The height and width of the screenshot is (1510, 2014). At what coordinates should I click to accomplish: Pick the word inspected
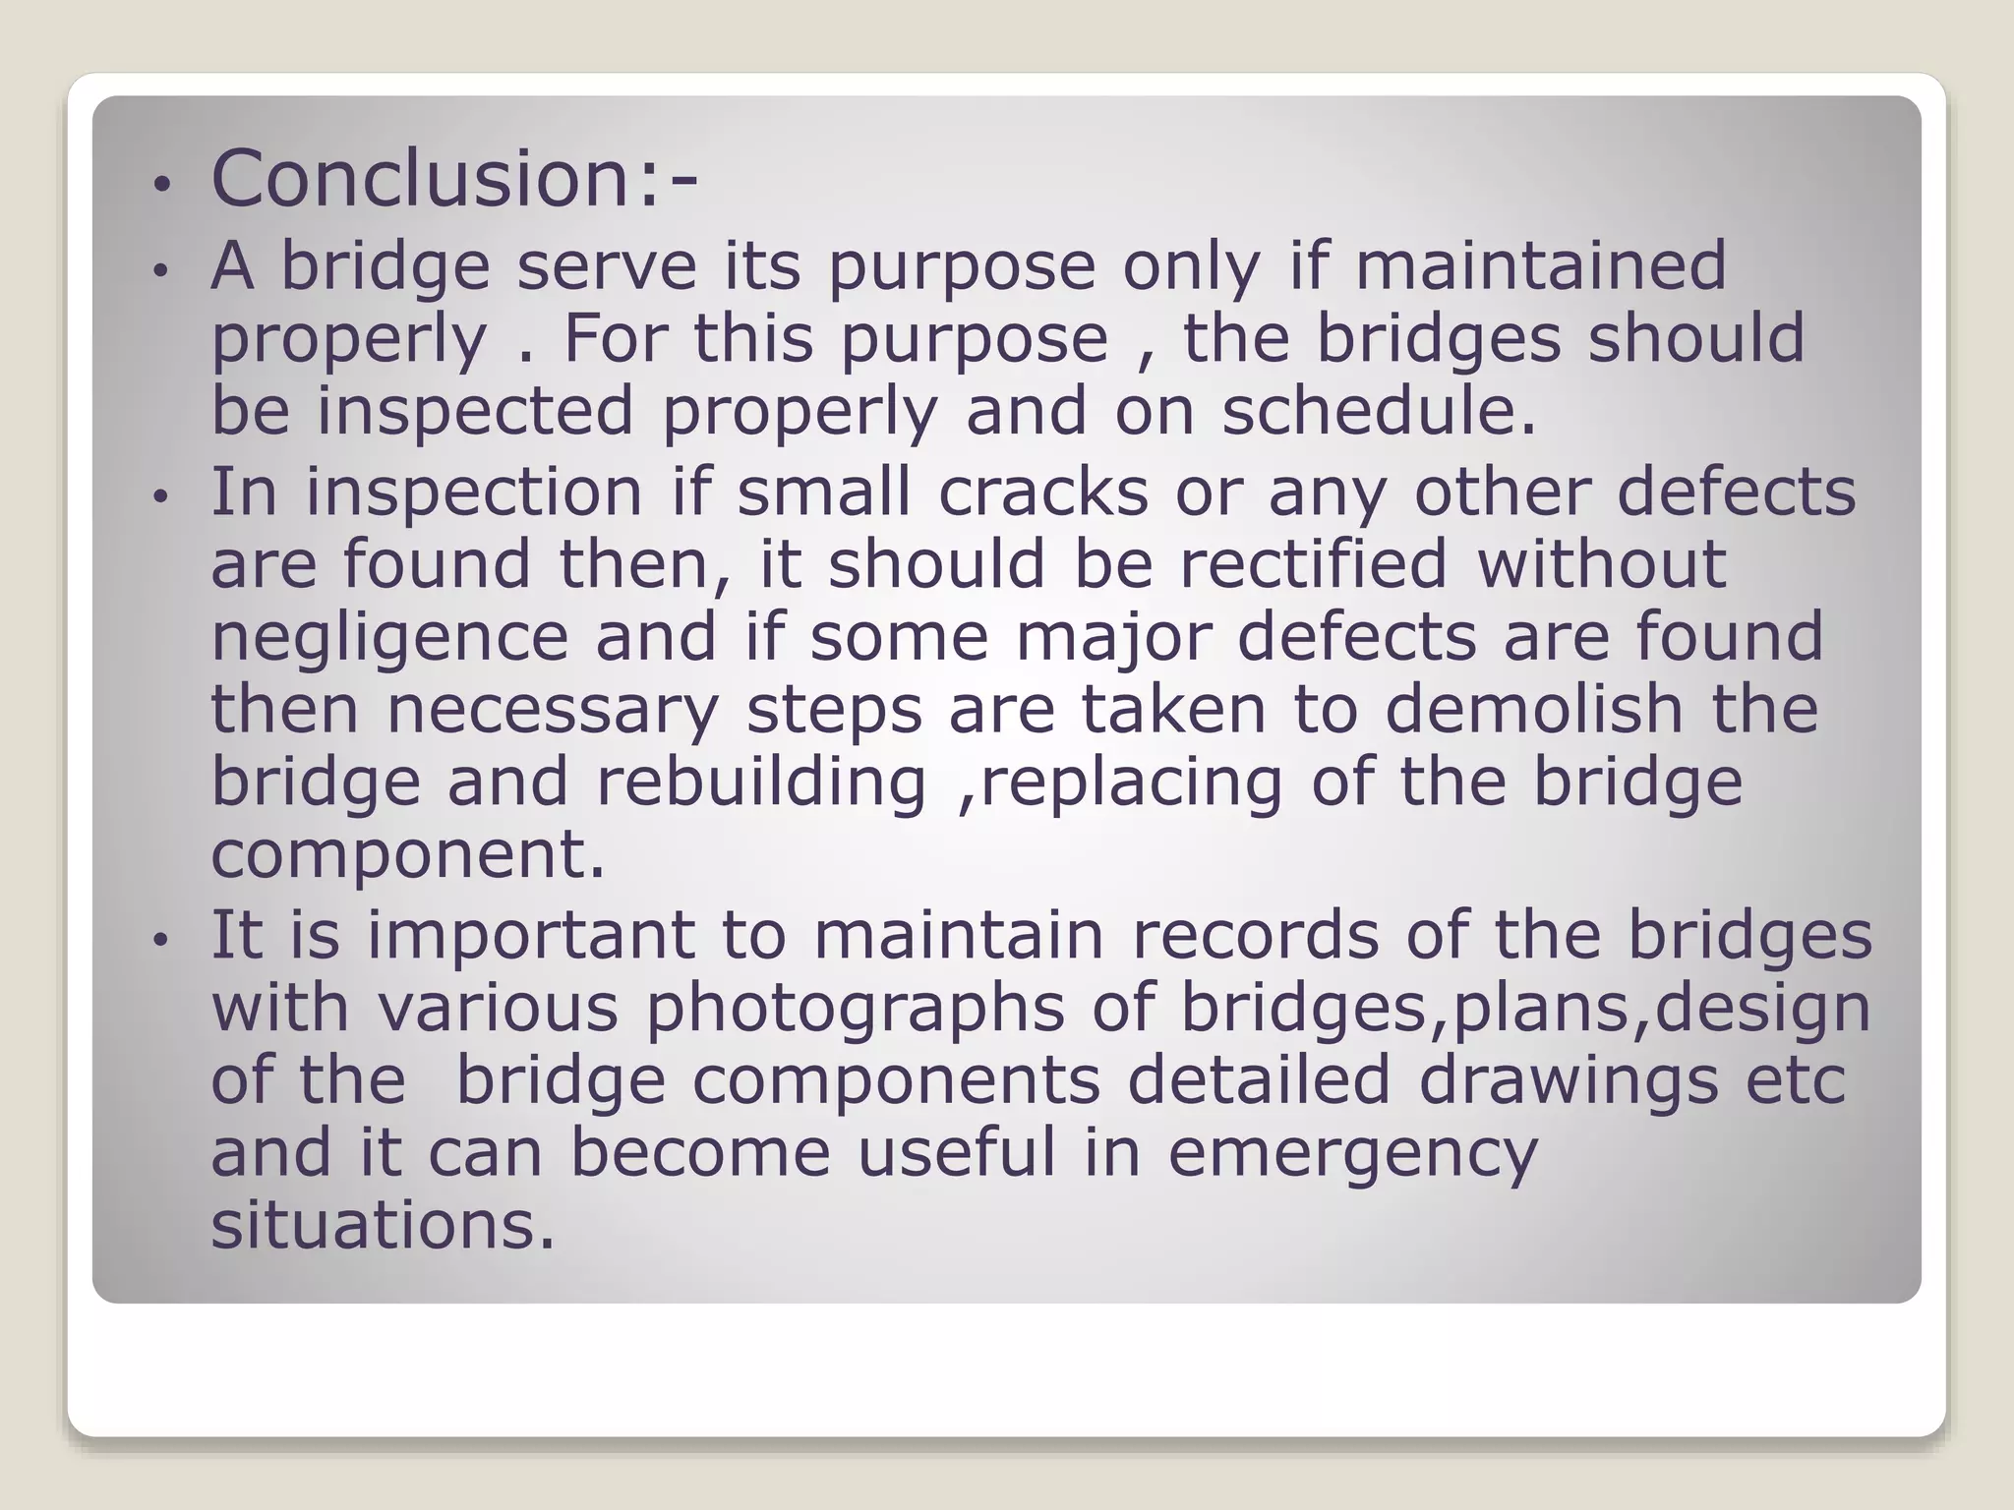click(475, 413)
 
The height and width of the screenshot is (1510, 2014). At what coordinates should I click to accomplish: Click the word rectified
click(1313, 564)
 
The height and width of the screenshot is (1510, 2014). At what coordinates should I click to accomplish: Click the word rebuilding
click(761, 784)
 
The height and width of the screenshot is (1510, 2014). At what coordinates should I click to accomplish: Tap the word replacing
click(1131, 784)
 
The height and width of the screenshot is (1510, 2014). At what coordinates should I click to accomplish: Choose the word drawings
click(1568, 1081)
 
